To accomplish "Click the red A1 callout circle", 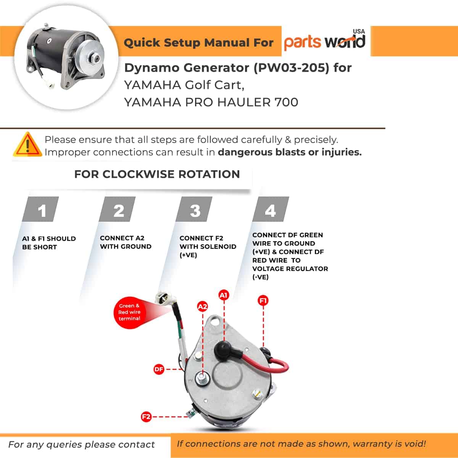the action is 223,295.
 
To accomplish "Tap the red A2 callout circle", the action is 203,307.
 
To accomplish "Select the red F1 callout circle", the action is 263,301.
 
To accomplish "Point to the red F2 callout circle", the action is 146,417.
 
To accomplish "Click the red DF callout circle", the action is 159,369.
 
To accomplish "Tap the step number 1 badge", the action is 40,209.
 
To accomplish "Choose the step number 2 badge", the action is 117,209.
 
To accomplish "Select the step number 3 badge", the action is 194,209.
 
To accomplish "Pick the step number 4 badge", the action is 271,209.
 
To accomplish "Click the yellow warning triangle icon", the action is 27,145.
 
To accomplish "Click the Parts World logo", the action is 325,40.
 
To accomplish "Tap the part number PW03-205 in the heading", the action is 292,68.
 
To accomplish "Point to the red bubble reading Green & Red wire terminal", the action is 129,312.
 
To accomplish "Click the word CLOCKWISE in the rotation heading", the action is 139,174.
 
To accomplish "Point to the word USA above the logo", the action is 359,31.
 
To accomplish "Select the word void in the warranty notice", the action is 416,444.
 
